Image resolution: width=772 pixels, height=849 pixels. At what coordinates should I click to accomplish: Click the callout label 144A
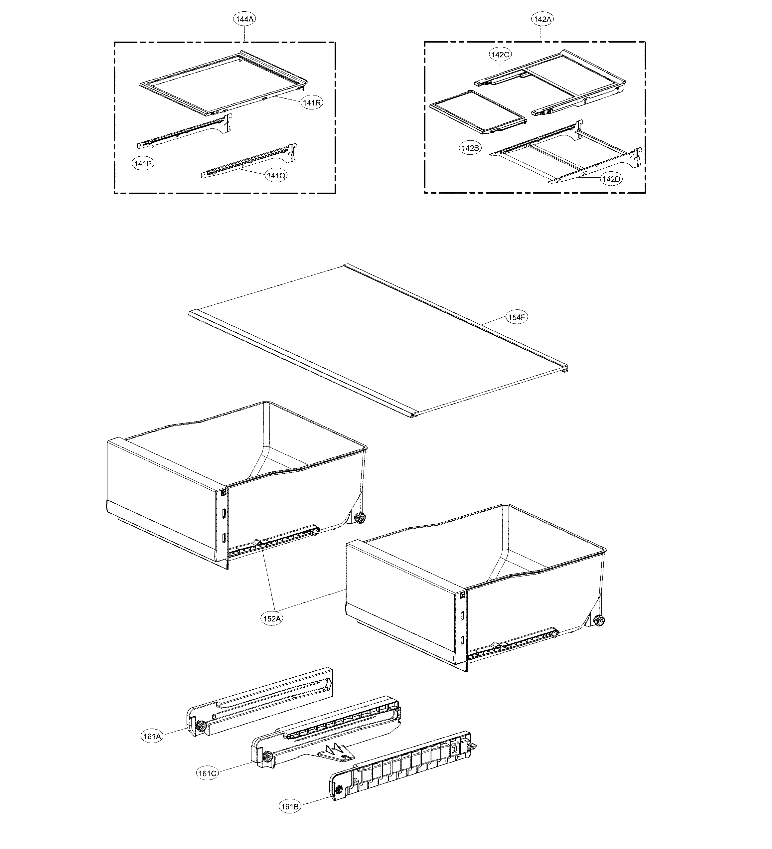tap(245, 19)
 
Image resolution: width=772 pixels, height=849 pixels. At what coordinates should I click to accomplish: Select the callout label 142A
tap(542, 19)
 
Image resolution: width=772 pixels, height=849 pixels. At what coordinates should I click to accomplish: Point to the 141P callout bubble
tap(143, 164)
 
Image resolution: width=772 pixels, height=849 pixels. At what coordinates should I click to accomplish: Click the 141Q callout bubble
tap(276, 175)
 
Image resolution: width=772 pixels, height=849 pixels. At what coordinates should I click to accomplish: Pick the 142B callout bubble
tap(470, 147)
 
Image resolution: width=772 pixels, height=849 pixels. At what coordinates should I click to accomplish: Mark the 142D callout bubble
tap(611, 179)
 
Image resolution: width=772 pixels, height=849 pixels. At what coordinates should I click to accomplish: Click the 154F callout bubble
tap(517, 317)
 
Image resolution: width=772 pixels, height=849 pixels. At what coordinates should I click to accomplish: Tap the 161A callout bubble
tap(152, 736)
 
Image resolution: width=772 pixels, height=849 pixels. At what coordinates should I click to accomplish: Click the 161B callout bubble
tap(290, 806)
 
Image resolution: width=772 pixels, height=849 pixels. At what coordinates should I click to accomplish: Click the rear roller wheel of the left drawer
tap(360, 518)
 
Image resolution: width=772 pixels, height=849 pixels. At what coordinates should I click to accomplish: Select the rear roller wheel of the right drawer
tap(599, 620)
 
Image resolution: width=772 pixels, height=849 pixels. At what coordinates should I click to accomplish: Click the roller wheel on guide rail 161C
tap(267, 757)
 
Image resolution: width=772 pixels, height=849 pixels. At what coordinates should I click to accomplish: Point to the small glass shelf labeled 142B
tap(478, 111)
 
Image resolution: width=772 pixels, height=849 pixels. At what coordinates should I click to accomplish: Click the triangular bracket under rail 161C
tap(335, 752)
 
